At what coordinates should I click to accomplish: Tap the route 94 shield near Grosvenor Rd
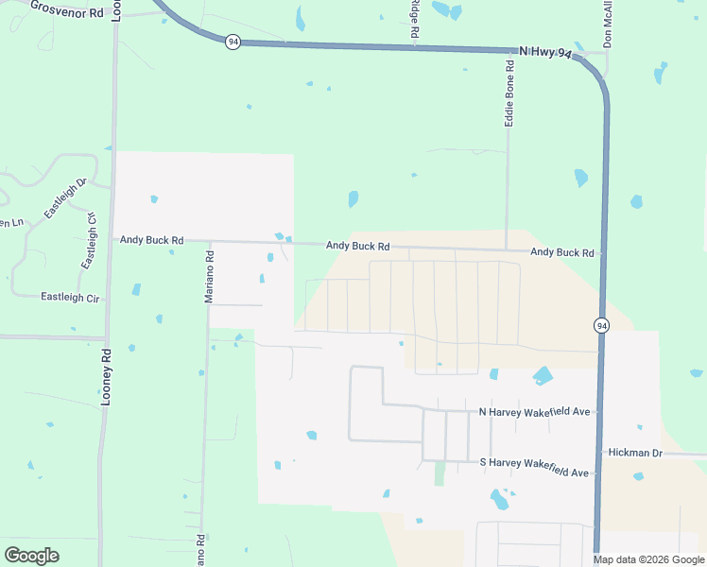pos(233,41)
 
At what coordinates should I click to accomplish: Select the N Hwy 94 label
pos(545,53)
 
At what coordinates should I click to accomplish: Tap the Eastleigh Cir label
pos(70,297)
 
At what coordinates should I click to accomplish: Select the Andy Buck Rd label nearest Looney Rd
pos(151,240)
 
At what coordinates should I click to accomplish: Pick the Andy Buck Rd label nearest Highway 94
pos(561,252)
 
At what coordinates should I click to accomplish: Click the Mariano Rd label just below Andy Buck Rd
pos(210,275)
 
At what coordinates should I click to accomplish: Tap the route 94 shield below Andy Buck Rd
pos(601,325)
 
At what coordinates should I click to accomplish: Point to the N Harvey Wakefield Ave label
pos(534,412)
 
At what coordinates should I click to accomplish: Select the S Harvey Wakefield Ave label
pos(534,461)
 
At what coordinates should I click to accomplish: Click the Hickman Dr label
pos(636,454)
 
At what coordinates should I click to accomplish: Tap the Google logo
pos(31,556)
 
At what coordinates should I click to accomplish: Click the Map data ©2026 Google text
pos(648,559)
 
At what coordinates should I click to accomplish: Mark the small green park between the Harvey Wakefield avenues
pos(440,472)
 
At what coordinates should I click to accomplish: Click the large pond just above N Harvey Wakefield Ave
pos(543,376)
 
